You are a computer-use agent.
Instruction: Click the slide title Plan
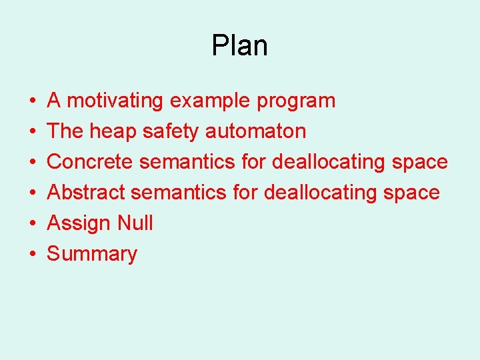[x=239, y=46]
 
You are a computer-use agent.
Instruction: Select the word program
[x=296, y=101]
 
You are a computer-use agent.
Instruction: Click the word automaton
[x=255, y=131]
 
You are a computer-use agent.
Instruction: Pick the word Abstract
[x=86, y=193]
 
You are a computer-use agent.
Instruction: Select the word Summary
[x=92, y=254]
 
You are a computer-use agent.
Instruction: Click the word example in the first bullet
[x=209, y=101]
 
